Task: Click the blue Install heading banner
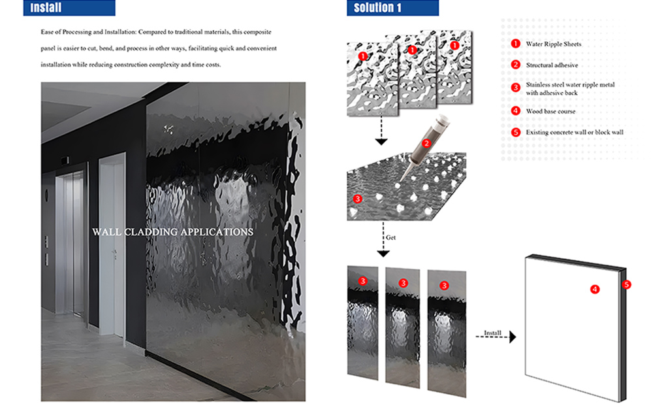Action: (x=69, y=8)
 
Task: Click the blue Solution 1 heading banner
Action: (x=392, y=8)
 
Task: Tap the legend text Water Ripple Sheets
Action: (x=554, y=44)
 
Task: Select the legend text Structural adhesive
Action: (x=552, y=65)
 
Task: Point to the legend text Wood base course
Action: (x=550, y=111)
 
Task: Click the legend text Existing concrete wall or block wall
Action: (x=575, y=132)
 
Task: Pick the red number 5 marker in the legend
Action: (x=516, y=132)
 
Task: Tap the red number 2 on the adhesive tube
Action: (x=426, y=143)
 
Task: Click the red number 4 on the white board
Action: (x=595, y=290)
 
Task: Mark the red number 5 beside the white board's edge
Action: (x=627, y=284)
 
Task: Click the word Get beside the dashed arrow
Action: (x=390, y=238)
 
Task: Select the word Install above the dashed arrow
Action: (x=493, y=333)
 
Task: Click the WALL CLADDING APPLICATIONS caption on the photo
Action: (x=172, y=232)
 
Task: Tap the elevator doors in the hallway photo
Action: (x=71, y=244)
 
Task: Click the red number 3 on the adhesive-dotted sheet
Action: (x=358, y=199)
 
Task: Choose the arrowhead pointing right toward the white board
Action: (x=513, y=337)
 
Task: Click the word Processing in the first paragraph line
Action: (x=76, y=32)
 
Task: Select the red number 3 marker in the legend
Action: (x=516, y=88)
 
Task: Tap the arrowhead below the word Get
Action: (x=383, y=254)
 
